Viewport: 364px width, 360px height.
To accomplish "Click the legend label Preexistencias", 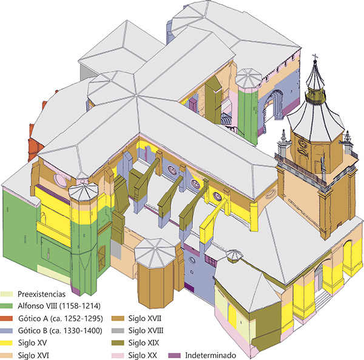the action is (x=41, y=294).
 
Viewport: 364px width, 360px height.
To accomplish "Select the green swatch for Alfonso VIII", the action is (x=7, y=306).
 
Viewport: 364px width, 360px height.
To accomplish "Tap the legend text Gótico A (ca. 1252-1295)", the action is (x=60, y=319).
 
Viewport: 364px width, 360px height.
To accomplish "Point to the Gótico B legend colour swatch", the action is (x=7, y=331).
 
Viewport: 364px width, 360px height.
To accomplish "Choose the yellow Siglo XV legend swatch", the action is (x=7, y=343).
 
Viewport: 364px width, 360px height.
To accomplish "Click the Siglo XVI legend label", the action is (x=33, y=355).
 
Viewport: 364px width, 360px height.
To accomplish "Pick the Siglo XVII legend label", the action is (x=144, y=319).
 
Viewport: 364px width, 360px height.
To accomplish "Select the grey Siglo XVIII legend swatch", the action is (x=118, y=331).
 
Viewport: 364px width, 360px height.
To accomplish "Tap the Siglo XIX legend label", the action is (x=144, y=343).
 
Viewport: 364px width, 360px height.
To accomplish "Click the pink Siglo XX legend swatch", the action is (x=118, y=355).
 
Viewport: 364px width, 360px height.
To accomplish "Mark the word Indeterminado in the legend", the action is (x=211, y=355).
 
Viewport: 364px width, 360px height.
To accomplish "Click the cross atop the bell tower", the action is (x=315, y=56).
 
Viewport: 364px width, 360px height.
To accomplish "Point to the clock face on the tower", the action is (x=303, y=144).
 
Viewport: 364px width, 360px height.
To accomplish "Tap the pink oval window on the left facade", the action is (x=59, y=180).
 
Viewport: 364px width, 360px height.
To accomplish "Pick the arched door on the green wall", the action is (x=102, y=259).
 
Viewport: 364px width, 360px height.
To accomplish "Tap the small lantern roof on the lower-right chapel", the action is (x=234, y=255).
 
